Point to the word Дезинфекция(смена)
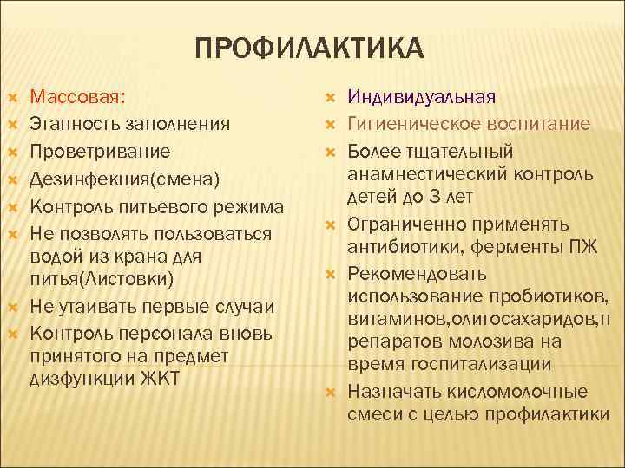[x=127, y=179]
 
